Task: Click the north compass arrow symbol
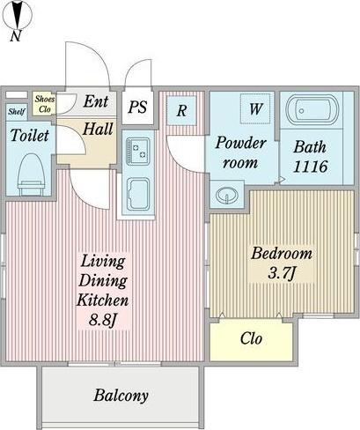(17, 15)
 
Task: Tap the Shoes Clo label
(45, 104)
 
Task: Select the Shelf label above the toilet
(17, 112)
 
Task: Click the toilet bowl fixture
(31, 174)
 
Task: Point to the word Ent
(96, 101)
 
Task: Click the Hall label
(98, 129)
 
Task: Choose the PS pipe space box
(137, 107)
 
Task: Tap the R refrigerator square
(181, 110)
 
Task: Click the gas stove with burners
(138, 152)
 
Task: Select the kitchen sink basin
(138, 194)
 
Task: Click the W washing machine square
(255, 108)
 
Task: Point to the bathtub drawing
(312, 110)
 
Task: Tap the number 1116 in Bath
(310, 167)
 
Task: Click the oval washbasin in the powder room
(227, 195)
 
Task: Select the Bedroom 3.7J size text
(282, 263)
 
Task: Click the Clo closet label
(251, 338)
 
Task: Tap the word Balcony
(121, 396)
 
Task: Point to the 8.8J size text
(103, 320)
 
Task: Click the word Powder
(240, 144)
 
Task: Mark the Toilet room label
(29, 136)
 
